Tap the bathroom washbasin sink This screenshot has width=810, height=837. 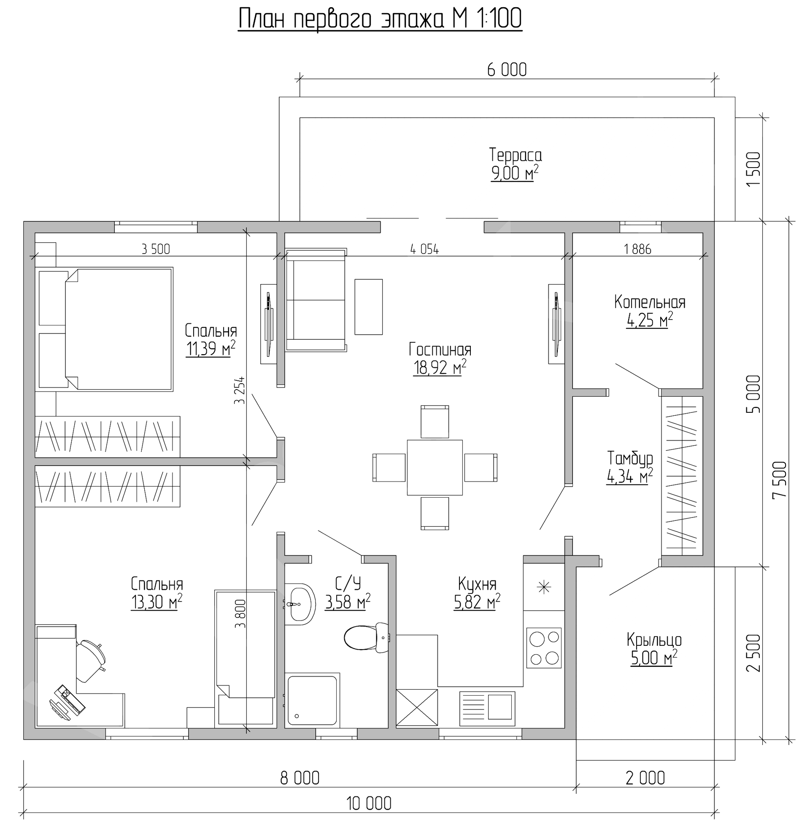300,604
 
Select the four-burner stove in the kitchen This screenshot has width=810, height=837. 544,647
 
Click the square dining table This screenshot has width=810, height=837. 435,468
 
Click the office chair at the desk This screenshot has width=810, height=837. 90,661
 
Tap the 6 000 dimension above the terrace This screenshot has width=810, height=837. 507,70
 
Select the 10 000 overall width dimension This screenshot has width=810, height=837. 369,804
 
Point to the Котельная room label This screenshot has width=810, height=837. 650,302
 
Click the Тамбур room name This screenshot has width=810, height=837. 630,459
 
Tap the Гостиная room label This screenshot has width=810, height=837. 440,349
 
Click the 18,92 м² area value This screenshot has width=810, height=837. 440,368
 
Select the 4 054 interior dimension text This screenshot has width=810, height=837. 424,249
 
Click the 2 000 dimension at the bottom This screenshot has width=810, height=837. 645,778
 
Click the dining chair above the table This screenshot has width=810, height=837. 435,422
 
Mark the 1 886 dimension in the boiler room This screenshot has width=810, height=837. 637,249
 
